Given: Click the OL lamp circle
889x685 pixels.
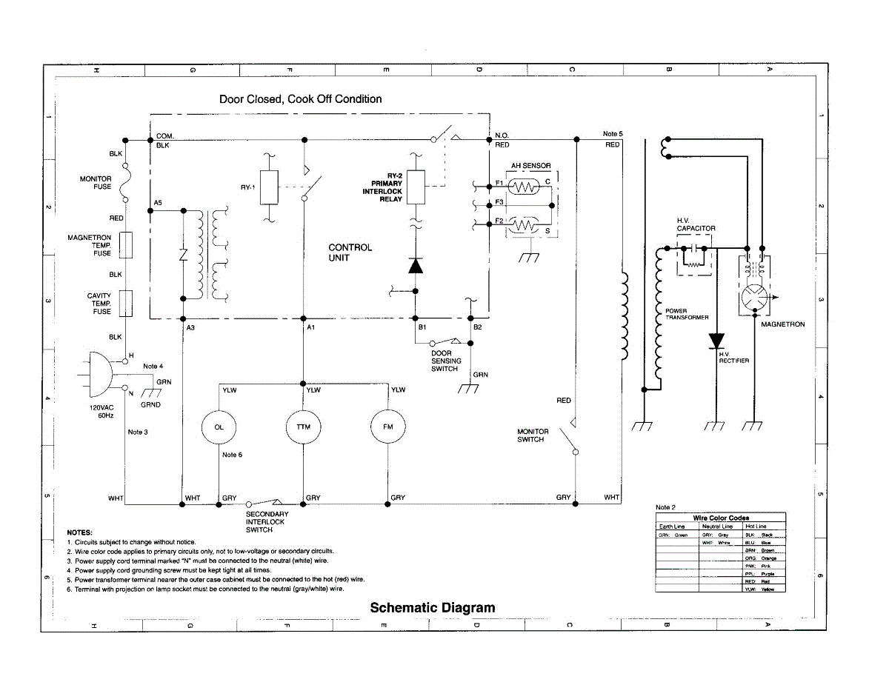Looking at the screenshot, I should coord(219,427).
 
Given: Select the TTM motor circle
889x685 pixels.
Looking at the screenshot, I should coord(303,427).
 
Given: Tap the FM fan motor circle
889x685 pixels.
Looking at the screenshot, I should coord(388,427).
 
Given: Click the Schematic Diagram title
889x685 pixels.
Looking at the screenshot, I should coord(432,608).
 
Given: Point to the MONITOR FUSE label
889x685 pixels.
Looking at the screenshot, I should coord(96,183).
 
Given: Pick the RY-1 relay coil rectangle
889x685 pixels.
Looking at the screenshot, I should coord(270,187).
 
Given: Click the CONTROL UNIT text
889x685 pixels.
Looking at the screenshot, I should coord(350,253).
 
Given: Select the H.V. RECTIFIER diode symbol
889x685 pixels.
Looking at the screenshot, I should coord(716,341).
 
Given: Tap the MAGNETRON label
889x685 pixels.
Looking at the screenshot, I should coord(782,324).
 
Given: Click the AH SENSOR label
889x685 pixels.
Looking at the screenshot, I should coord(530,166).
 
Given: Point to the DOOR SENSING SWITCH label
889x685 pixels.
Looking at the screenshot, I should coord(446,361).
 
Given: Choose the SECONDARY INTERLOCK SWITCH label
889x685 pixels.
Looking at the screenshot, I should coord(267,522).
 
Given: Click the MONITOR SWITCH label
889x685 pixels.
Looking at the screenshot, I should coord(533,435).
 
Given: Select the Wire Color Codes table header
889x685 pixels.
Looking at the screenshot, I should coord(720,518).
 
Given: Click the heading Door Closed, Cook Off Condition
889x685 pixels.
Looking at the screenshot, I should coord(300,99).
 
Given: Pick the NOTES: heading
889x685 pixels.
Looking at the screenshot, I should coord(79,532).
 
